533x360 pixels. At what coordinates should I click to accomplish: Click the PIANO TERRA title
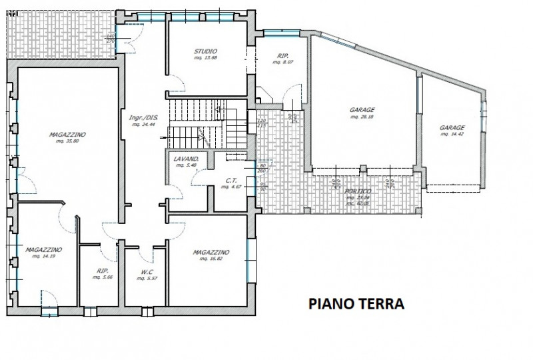[356, 304]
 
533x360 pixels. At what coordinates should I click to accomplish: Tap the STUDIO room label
[205, 51]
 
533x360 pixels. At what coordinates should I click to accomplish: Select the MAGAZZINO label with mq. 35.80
[67, 134]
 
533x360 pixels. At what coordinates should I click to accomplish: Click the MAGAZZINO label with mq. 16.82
[211, 253]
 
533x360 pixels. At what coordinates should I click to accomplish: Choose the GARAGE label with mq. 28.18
[362, 110]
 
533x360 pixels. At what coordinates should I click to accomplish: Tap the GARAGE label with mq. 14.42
[452, 127]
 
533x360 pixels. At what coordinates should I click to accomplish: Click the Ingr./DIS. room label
[143, 118]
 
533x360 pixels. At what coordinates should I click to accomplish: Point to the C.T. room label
[232, 181]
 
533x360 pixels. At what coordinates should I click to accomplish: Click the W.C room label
[147, 271]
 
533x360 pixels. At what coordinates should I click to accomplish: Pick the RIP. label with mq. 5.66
[102, 271]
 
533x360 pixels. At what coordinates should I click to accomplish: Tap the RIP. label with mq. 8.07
[281, 56]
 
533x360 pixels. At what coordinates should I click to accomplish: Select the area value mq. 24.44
[143, 125]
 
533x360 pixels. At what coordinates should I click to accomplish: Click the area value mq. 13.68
[205, 58]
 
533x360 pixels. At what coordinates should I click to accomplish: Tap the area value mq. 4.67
[232, 187]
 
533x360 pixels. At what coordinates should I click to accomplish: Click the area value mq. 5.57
[147, 277]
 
